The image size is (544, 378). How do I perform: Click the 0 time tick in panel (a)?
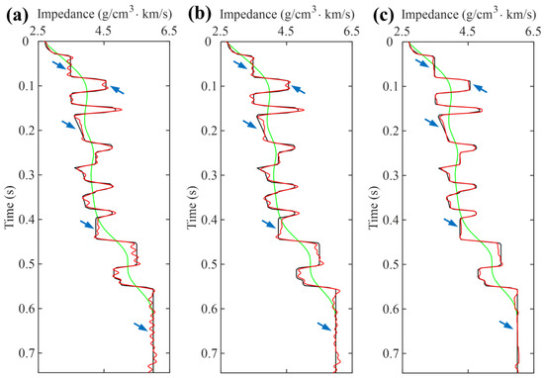29,42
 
